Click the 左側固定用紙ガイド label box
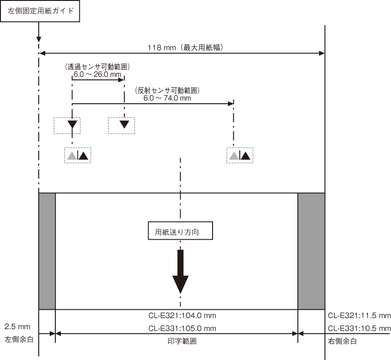[40, 11]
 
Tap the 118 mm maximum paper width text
[185, 47]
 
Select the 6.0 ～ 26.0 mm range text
[97, 74]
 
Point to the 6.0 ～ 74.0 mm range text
[167, 98]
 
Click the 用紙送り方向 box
[180, 230]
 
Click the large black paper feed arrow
[180, 271]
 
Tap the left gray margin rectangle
[47, 251]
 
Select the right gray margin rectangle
[311, 251]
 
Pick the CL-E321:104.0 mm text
[182, 316]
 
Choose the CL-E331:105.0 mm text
[182, 328]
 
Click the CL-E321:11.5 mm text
[359, 316]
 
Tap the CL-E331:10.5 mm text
[359, 328]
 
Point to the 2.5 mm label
[17, 327]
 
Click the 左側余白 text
[19, 339]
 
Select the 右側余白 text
[342, 341]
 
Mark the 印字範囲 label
[182, 341]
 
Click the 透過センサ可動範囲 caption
[97, 66]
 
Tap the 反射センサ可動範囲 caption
[167, 90]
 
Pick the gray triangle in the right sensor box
[234, 156]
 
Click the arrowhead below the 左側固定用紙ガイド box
[39, 40]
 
